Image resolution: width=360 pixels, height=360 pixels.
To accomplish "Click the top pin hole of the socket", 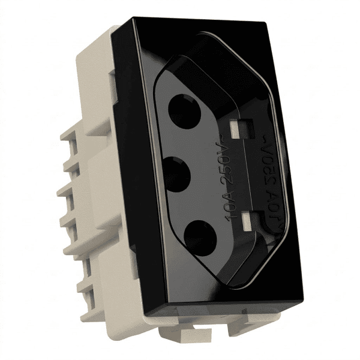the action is click(x=184, y=112).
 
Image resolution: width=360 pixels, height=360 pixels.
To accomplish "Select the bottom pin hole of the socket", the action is click(x=200, y=238).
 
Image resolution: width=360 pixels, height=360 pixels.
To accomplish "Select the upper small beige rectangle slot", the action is click(x=236, y=130).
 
